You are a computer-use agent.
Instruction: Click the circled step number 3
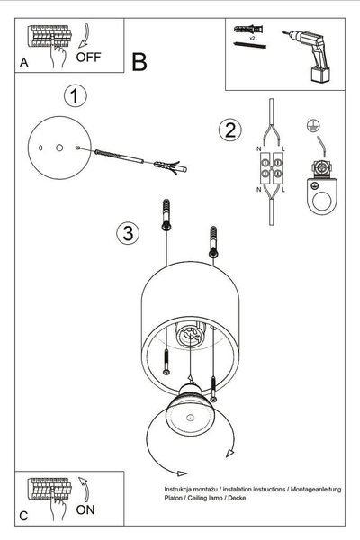click(128, 234)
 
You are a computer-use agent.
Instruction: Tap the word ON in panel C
click(86, 508)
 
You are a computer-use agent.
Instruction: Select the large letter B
click(139, 62)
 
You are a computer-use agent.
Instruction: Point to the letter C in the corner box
click(23, 516)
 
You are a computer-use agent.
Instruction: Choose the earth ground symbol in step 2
click(314, 127)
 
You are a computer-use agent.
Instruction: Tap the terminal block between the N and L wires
click(271, 169)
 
